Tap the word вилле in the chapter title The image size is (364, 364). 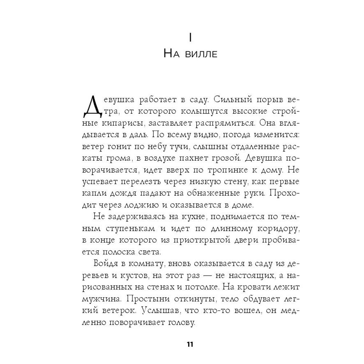pyautogui.click(x=200, y=55)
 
